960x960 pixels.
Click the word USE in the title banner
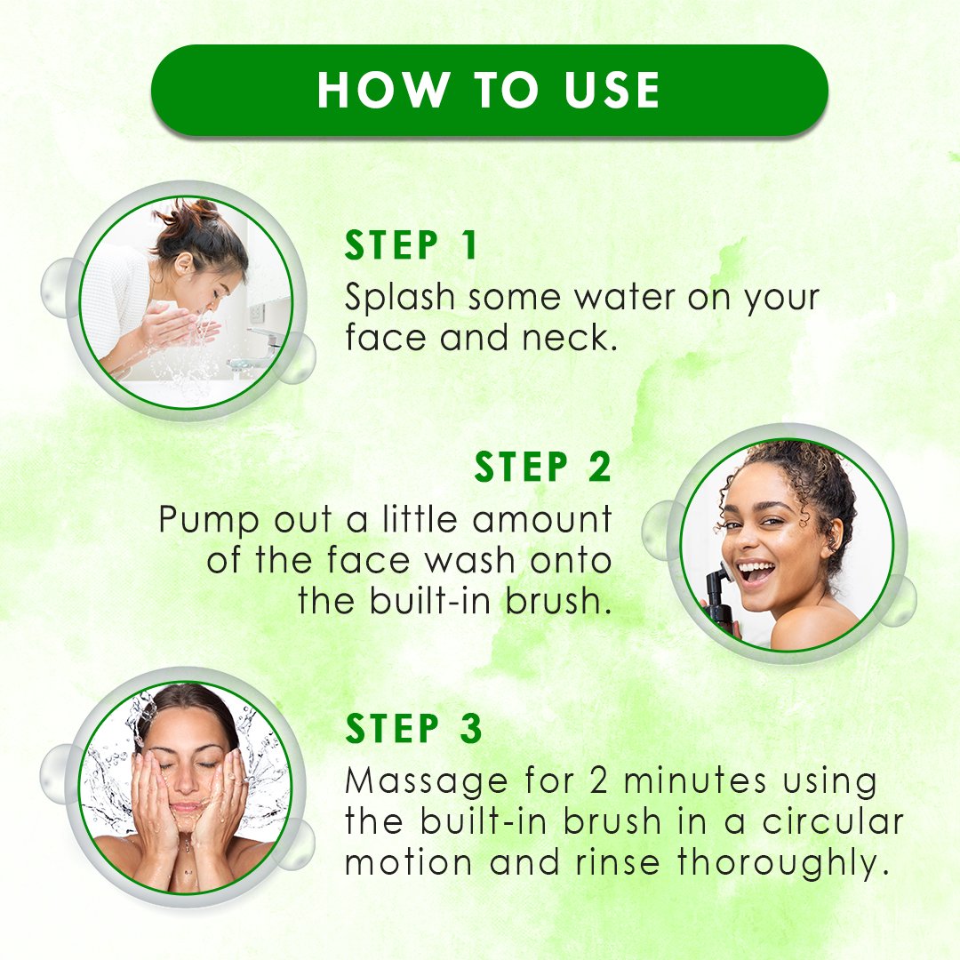point(612,91)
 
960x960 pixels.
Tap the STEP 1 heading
point(411,245)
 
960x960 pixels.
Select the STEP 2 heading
point(542,468)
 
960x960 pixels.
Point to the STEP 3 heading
point(413,729)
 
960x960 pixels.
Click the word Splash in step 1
point(400,298)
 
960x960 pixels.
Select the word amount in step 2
point(542,520)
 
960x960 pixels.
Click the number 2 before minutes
point(599,782)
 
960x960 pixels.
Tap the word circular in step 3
point(833,821)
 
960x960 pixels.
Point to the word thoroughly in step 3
point(782,863)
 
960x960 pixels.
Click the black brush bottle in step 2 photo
point(723,594)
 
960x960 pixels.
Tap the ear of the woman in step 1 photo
point(183,263)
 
